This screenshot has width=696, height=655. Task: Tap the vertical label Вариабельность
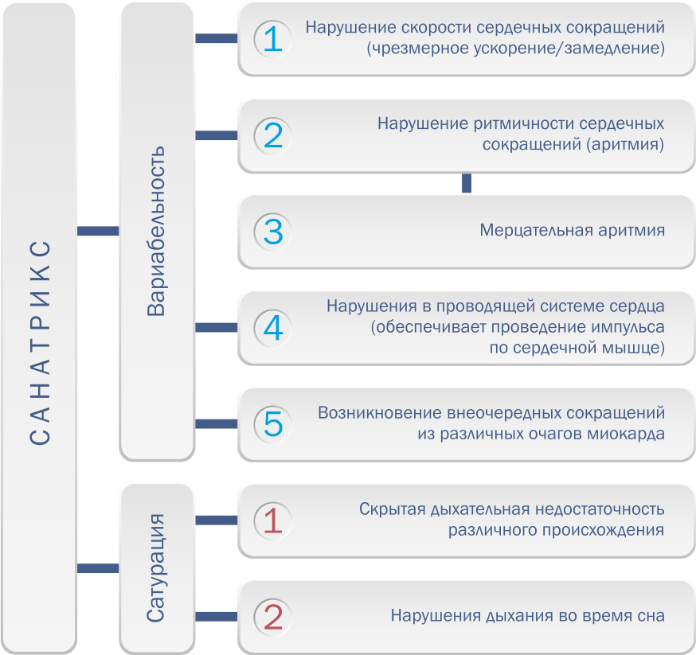[157, 231]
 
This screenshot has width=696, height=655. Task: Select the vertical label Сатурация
[157, 567]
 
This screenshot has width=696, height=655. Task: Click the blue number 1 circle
[273, 39]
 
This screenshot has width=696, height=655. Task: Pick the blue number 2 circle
[273, 135]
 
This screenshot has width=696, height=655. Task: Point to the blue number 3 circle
[273, 232]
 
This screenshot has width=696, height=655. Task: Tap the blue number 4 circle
[273, 327]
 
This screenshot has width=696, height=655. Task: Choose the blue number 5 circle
[273, 423]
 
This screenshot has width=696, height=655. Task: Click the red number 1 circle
[273, 520]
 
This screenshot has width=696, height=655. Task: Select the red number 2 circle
[273, 616]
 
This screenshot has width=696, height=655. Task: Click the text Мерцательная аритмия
[572, 231]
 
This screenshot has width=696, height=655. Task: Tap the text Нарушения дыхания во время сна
[527, 616]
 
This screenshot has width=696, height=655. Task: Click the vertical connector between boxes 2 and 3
[467, 184]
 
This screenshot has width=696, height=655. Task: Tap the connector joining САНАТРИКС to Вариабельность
[97, 231]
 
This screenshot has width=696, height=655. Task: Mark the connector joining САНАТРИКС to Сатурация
[97, 568]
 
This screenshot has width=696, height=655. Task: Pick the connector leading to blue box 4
[217, 327]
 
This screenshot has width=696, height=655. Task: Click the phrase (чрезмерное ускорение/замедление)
[516, 49]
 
